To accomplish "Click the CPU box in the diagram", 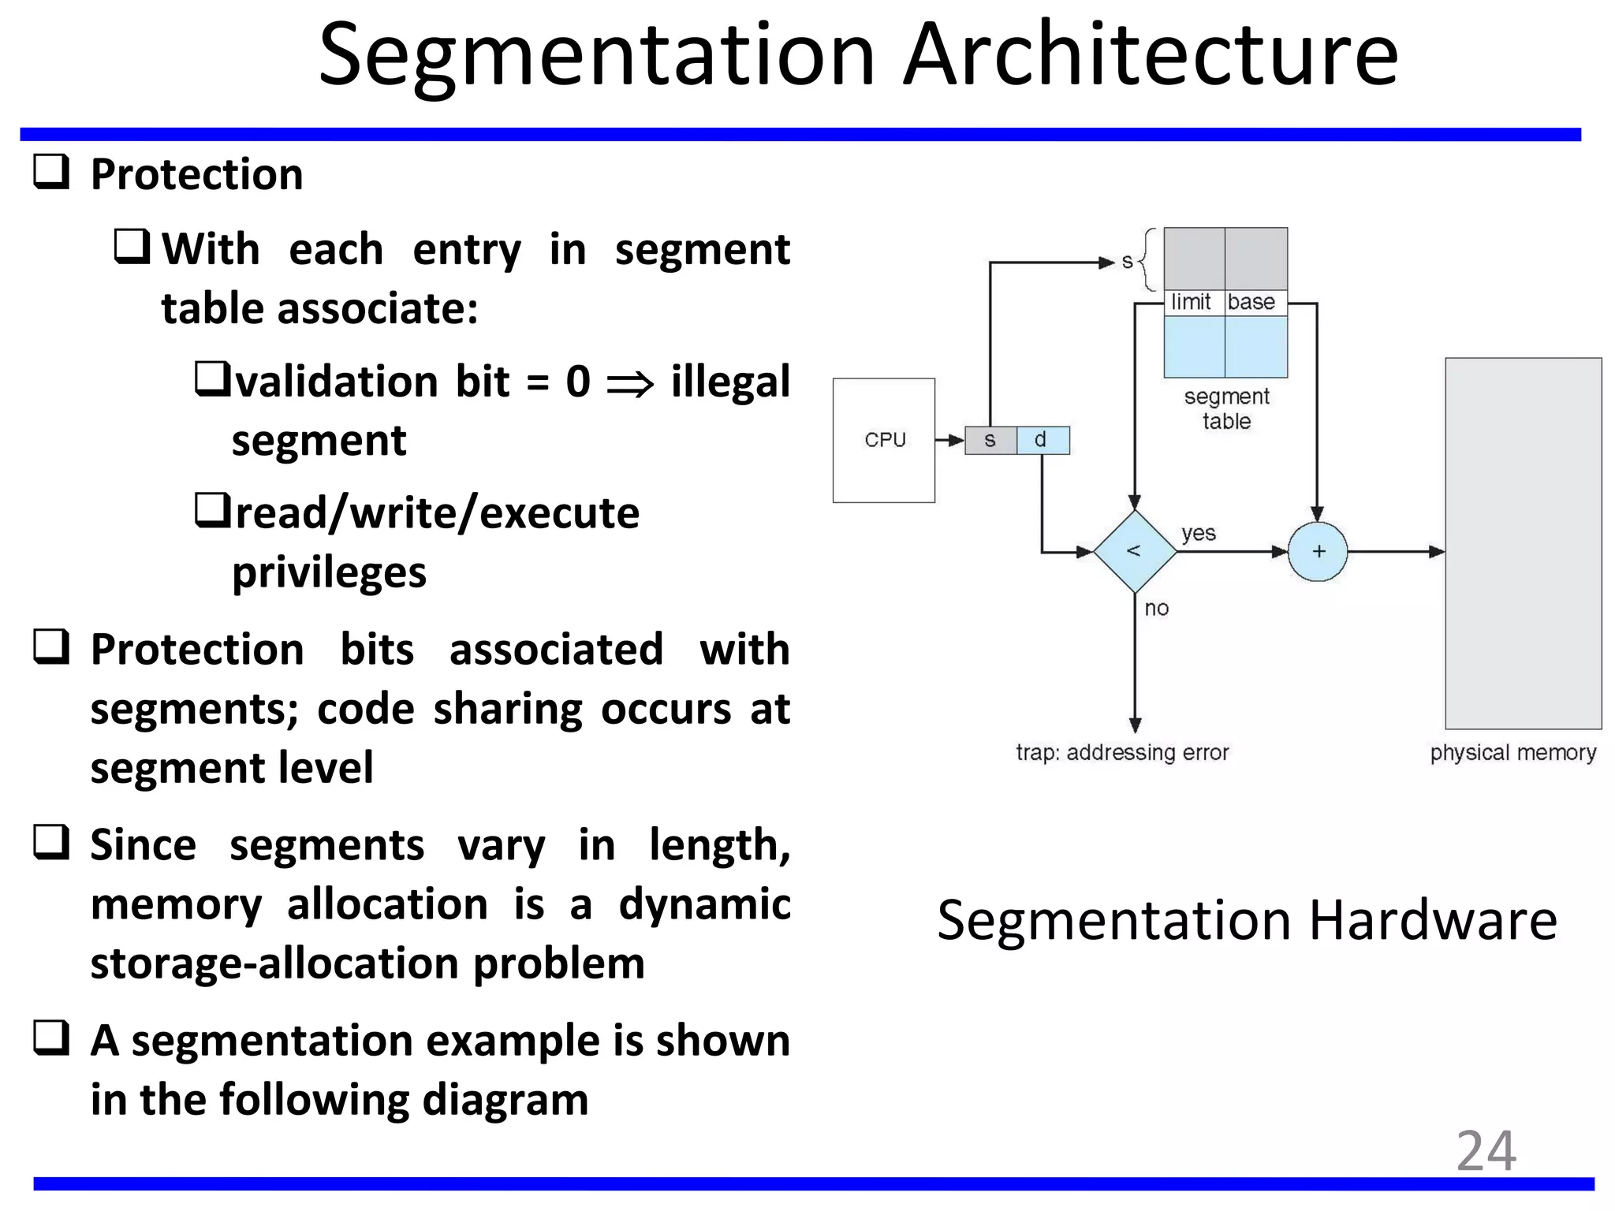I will click(884, 440).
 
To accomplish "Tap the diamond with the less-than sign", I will click(1134, 551).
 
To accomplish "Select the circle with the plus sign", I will click(1318, 551).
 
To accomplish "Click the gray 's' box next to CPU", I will click(990, 440).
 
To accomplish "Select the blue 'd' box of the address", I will click(1042, 440).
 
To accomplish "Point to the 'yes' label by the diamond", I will click(1198, 533).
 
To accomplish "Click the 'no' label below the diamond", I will click(1156, 608).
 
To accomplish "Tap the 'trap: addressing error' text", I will click(1121, 752).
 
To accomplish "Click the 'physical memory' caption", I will click(1512, 752).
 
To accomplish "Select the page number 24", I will click(1486, 1151).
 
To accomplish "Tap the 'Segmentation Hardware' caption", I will click(1247, 920).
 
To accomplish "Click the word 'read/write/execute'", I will click(437, 513).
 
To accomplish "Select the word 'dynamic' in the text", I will click(704, 904).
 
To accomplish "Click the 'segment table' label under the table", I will click(1226, 408).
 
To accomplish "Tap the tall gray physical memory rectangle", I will click(1523, 543).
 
